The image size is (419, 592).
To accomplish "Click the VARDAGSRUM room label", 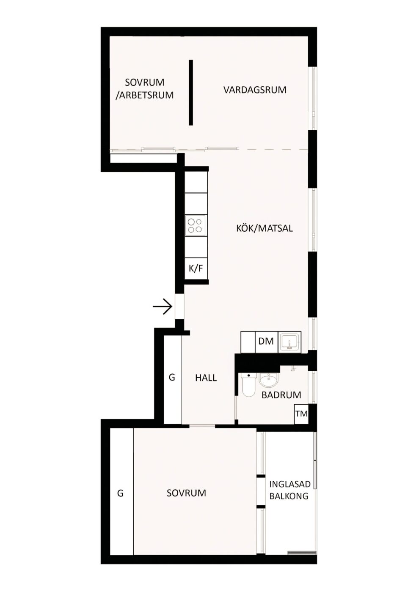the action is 255,90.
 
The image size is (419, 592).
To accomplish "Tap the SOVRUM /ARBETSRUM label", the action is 144,88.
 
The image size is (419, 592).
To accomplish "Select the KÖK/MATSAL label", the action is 265,228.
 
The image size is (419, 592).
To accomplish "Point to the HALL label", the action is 206,378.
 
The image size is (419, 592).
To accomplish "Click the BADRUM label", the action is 281,395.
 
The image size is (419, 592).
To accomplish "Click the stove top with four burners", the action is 196,225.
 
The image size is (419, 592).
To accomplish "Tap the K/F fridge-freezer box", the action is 196,268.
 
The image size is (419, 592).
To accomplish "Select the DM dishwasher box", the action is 266,341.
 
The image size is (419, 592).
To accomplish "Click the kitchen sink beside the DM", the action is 289,342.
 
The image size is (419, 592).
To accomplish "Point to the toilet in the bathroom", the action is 248,384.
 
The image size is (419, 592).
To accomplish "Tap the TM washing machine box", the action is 301,414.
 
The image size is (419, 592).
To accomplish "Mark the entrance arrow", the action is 163,307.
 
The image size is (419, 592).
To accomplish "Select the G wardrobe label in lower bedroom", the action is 120,493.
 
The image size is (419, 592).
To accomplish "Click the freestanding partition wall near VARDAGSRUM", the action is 191,93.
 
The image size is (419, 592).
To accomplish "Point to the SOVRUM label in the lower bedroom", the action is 186,493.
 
